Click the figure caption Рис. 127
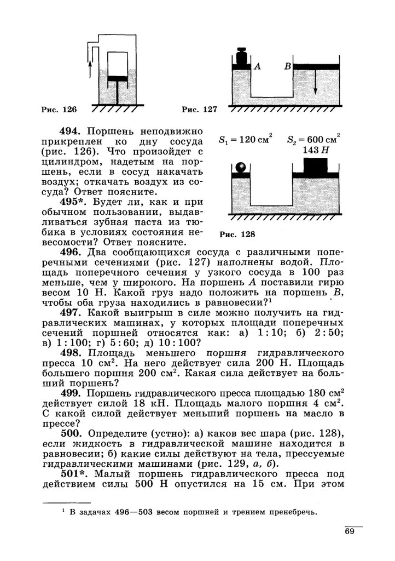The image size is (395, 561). click(x=200, y=110)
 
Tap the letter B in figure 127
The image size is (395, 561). click(x=286, y=66)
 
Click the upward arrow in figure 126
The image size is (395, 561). click(x=90, y=65)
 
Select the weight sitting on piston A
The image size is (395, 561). click(x=241, y=56)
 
